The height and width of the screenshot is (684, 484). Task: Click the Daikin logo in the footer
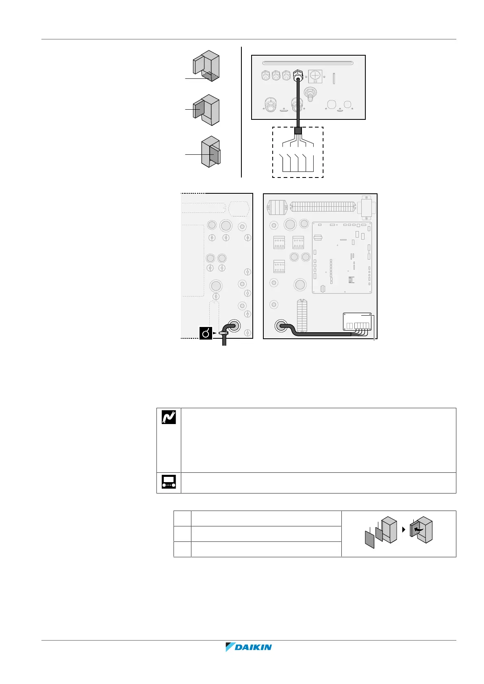tap(248, 647)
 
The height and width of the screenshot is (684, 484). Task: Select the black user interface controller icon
tap(169, 482)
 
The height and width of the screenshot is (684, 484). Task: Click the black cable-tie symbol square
tap(206, 333)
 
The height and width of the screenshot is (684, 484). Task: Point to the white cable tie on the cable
tap(224, 333)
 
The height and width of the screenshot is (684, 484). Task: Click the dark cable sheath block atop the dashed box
tap(298, 131)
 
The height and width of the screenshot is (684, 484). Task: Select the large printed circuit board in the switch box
tap(342, 258)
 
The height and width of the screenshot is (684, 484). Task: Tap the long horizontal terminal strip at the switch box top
tap(323, 206)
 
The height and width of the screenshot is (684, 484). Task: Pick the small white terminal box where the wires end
tap(357, 322)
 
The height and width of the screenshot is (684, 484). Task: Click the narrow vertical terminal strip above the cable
tap(302, 316)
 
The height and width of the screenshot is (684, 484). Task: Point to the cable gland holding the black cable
tap(297, 75)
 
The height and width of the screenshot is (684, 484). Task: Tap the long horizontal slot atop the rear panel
tap(308, 63)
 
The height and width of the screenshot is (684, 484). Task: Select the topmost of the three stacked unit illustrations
tap(206, 66)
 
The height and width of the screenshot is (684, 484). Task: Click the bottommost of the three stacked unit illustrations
tap(211, 152)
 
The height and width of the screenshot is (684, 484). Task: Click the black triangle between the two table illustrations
tap(404, 530)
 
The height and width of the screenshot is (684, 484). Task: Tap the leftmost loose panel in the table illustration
tap(370, 539)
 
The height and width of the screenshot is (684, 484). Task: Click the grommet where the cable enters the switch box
tap(281, 326)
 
